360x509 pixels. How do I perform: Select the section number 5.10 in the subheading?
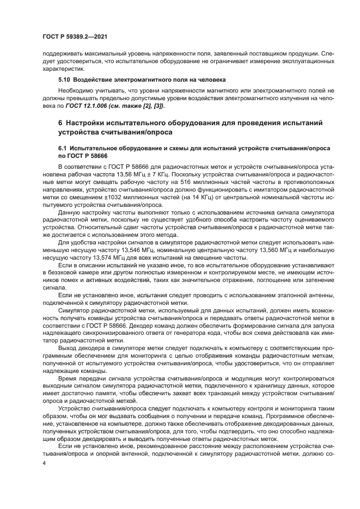64,79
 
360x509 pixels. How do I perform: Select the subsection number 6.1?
63,148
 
